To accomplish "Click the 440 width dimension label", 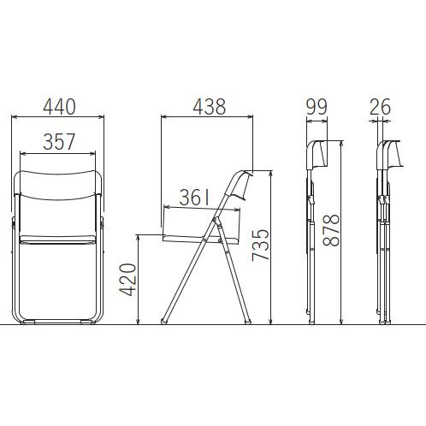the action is tap(59, 107).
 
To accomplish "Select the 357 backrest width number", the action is tap(59, 142).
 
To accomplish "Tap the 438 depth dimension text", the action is tap(210, 107).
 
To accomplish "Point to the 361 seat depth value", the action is tap(195, 198).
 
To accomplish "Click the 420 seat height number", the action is tap(127, 280).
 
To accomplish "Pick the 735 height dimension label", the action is tap(260, 245).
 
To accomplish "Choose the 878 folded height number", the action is tap(331, 230).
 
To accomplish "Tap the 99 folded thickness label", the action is tap(317, 107).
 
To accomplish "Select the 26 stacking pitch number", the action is tap(381, 107).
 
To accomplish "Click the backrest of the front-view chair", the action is tap(58, 186).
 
